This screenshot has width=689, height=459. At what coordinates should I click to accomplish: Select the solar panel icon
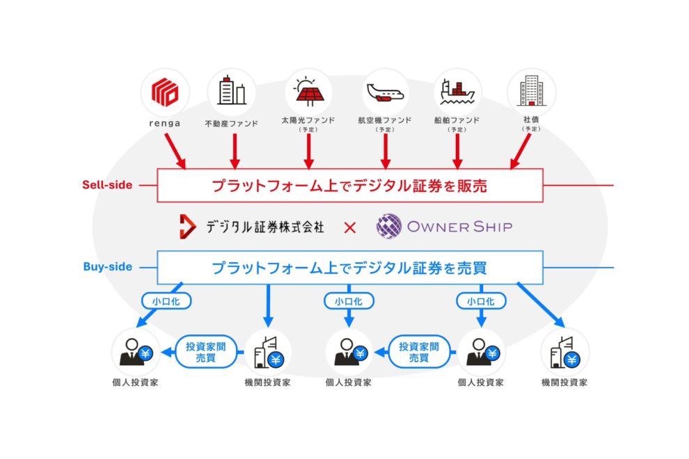[x=309, y=92]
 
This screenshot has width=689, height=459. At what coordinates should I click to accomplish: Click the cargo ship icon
[x=458, y=92]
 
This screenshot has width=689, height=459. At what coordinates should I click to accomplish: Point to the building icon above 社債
[x=532, y=92]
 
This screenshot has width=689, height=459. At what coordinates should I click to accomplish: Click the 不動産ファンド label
[x=232, y=124]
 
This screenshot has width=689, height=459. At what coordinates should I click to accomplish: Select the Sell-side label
[x=107, y=185]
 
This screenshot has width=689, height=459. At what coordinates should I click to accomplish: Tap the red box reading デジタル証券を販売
[x=350, y=185]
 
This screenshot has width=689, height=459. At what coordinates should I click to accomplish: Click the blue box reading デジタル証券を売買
[x=350, y=267]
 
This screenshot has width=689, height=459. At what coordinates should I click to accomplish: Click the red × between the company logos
[x=350, y=227]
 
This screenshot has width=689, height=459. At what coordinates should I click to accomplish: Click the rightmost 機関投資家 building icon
[x=564, y=352]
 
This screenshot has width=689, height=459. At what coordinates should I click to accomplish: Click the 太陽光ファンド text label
[x=309, y=120]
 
